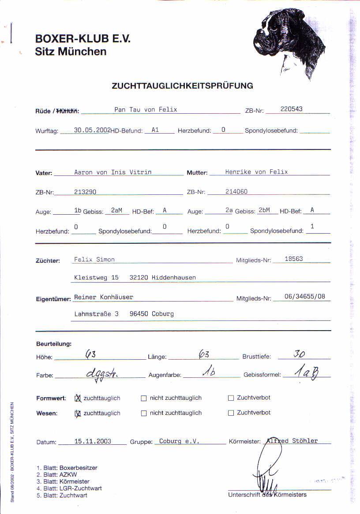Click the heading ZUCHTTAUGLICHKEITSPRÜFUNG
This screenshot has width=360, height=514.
pos(182,86)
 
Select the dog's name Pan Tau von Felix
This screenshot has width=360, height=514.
pos(146,109)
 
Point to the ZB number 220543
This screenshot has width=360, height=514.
pos(292,109)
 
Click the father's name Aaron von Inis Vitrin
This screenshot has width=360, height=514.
pos(112,172)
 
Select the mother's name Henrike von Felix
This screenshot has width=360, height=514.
pos(256,172)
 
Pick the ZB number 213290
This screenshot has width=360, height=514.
pos(85,192)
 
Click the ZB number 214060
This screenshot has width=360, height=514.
pos(236,192)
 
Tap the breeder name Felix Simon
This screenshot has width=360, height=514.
pos(94,259)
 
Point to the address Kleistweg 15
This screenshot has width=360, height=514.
pos(96,278)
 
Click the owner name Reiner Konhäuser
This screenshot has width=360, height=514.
pos(103,297)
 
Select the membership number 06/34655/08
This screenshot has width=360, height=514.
pos(305,297)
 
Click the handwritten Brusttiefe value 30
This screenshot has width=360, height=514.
pos(300,354)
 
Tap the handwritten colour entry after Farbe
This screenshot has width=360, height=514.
pos(102,373)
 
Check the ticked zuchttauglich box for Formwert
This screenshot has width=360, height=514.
pos(78,398)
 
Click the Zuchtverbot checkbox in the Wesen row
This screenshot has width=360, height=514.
pos(231,413)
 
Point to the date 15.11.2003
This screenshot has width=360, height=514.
pos(93,441)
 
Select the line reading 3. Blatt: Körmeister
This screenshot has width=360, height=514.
pos(63,482)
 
